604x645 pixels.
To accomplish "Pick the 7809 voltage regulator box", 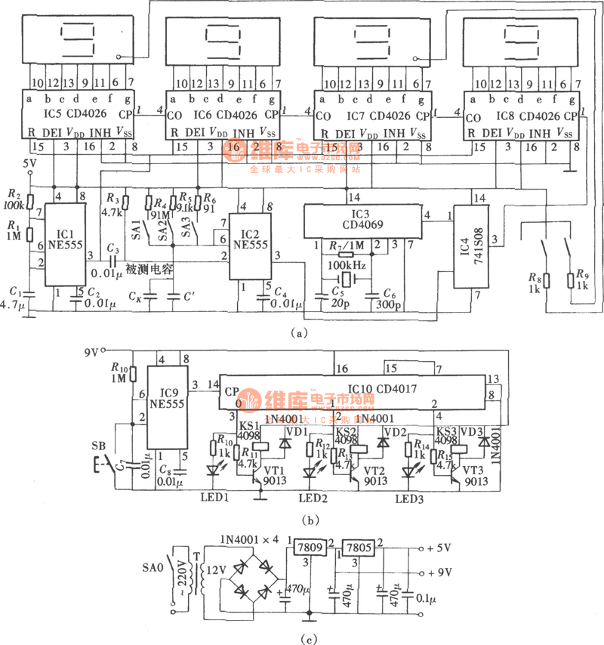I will [310, 547].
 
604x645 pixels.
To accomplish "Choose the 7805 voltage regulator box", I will [359, 547].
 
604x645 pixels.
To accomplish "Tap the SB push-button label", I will [100, 444].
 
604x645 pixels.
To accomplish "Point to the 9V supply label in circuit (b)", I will [91, 351].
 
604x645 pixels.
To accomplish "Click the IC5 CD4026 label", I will [77, 115].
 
